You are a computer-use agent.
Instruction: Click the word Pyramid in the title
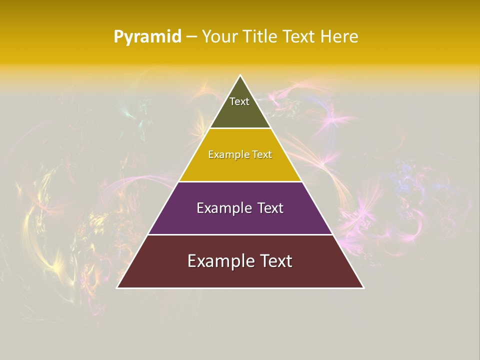coord(147,37)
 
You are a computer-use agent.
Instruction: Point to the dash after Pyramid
coord(191,37)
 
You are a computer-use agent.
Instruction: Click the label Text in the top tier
coord(239,101)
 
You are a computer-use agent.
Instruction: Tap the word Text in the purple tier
coord(270,208)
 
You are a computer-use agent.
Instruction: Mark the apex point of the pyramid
coord(240,75)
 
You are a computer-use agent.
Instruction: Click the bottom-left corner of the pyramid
coord(117,287)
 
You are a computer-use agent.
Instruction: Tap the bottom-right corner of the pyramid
coord(363,287)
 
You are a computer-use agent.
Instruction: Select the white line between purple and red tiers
coord(240,234)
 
